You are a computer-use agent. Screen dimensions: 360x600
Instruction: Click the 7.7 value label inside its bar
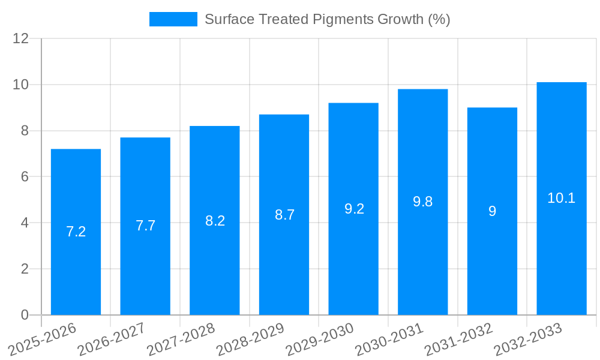click(145, 226)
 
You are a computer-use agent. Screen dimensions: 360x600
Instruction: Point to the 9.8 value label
click(423, 202)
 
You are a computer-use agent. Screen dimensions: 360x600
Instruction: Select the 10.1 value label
click(562, 198)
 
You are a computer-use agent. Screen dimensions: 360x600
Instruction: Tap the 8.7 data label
click(284, 215)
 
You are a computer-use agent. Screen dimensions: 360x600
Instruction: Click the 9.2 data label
click(354, 209)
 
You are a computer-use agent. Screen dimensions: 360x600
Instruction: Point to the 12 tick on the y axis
click(21, 38)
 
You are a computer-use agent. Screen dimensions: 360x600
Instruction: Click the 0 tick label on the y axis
click(25, 315)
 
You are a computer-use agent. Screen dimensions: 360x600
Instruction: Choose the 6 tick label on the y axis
click(25, 176)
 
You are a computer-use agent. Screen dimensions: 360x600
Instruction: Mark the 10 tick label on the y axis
click(21, 85)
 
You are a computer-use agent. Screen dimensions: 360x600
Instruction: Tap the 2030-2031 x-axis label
click(388, 340)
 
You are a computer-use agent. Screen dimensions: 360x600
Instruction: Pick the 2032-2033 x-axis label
click(527, 340)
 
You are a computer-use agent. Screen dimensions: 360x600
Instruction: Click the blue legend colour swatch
click(173, 19)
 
